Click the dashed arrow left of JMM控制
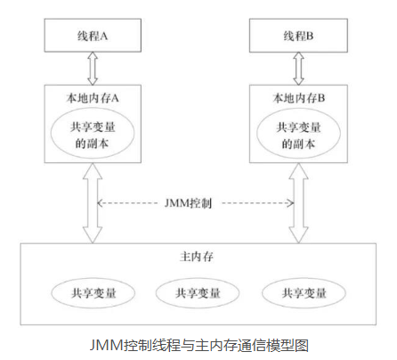(x=134, y=203)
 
